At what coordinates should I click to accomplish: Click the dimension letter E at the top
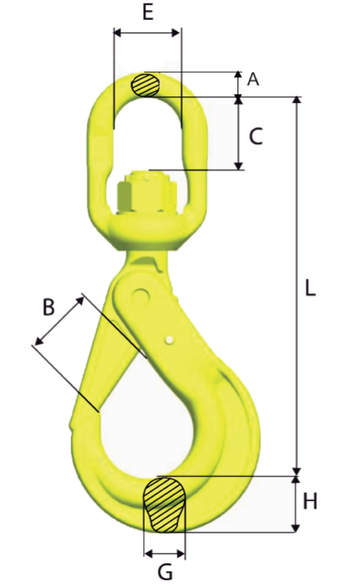point(148,13)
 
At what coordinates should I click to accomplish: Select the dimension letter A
point(253,80)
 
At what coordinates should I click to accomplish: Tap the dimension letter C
point(256,137)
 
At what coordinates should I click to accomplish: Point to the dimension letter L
point(311,288)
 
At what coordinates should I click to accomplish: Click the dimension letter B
point(48,307)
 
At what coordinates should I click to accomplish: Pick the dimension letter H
point(311,502)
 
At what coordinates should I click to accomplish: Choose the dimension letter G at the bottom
point(165,571)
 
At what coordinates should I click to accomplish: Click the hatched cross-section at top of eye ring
point(145,85)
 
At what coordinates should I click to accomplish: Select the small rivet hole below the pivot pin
point(170,339)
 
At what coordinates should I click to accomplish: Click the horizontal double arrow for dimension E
point(147,32)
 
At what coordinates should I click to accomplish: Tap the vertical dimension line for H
point(297,503)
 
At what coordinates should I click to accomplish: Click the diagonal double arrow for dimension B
point(59,320)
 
